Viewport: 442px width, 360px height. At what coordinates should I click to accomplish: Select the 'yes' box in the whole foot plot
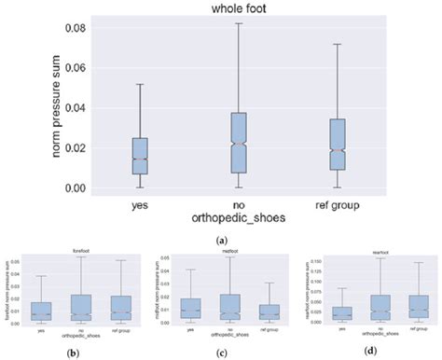coord(140,156)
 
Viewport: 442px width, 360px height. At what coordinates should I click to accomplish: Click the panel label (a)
coord(221,239)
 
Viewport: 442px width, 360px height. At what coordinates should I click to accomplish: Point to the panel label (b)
coord(73,352)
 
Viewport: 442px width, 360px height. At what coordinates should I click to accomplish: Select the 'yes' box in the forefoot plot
coord(41,312)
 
